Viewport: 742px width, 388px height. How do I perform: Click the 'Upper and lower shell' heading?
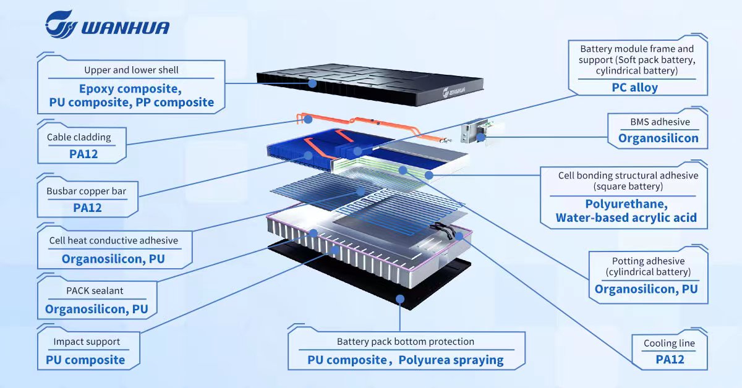point(131,70)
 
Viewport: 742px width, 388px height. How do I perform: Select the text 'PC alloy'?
point(634,87)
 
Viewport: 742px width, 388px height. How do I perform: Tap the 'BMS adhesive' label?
point(660,122)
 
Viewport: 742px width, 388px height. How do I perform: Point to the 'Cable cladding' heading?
point(79,137)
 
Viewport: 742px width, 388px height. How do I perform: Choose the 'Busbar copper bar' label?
point(86,191)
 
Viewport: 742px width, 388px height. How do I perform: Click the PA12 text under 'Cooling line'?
point(670,359)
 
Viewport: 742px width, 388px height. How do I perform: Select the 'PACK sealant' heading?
point(95,290)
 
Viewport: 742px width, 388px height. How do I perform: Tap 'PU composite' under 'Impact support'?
point(85,360)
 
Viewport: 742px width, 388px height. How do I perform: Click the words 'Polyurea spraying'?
point(451,360)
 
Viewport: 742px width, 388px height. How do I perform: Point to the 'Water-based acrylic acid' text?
point(626,217)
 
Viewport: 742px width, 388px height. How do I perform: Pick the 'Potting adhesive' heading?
point(648,261)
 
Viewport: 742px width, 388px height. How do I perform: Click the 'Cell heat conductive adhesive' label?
point(114,240)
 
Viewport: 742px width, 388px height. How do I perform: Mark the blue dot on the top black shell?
point(312,83)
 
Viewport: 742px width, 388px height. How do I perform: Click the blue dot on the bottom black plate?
point(400,299)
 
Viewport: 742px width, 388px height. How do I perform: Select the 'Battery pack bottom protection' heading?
point(406,342)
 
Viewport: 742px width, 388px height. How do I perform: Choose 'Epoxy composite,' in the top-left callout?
point(130,88)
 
